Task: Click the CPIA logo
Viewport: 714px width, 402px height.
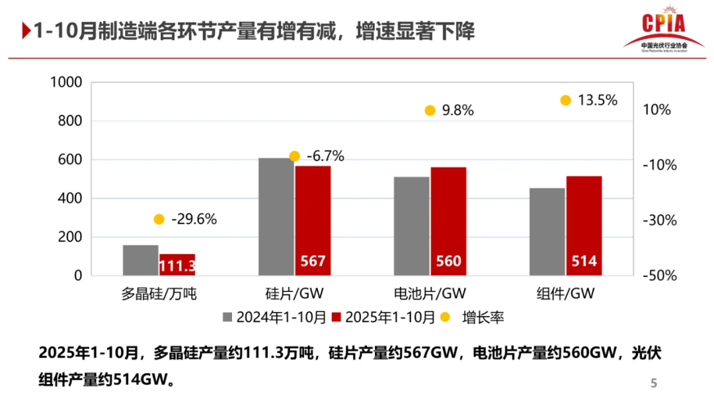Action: [x=663, y=29]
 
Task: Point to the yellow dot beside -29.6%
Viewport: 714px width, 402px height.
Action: [x=159, y=220]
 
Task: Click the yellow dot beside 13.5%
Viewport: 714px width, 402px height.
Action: [x=565, y=100]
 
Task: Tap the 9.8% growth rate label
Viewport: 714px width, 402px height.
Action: [x=457, y=111]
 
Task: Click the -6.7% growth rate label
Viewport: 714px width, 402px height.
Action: [x=325, y=157]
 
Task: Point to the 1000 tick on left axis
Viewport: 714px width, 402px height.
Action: [x=66, y=83]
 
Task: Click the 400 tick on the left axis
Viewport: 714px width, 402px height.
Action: [x=70, y=198]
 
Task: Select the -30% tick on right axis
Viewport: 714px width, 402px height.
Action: [x=661, y=221]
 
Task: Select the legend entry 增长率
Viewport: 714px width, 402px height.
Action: [x=483, y=317]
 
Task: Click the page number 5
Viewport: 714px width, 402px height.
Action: [x=654, y=383]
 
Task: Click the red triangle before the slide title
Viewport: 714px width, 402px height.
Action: [x=26, y=31]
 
